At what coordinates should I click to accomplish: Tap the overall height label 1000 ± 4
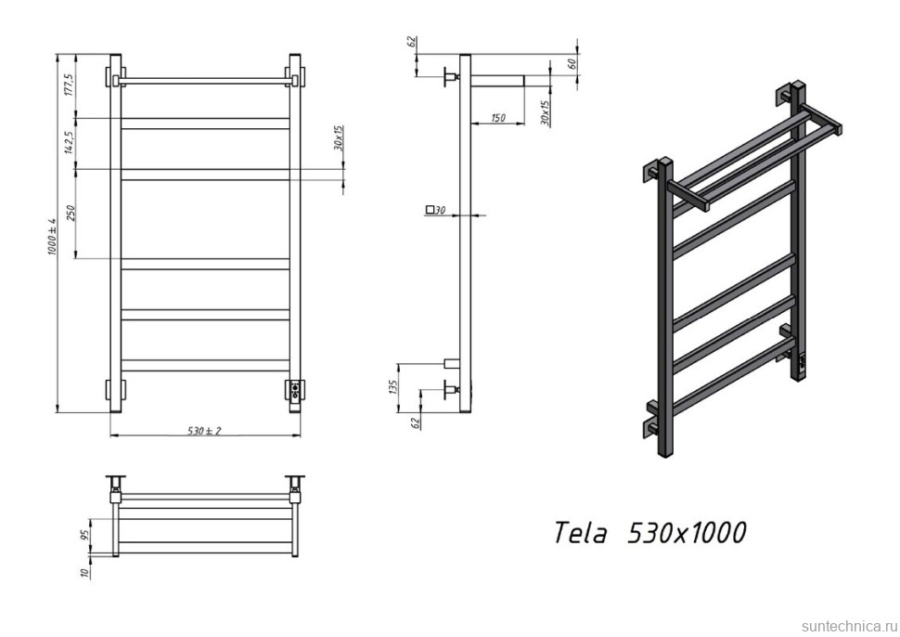pyautogui.click(x=53, y=238)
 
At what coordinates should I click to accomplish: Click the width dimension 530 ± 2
pyautogui.click(x=204, y=431)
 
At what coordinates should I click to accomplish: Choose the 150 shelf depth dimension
pyautogui.click(x=498, y=118)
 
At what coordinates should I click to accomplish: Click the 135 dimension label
pyautogui.click(x=393, y=385)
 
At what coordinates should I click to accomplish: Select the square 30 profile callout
pyautogui.click(x=436, y=210)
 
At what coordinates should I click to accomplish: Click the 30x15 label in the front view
pyautogui.click(x=339, y=139)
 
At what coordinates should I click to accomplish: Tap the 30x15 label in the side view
pyautogui.click(x=546, y=112)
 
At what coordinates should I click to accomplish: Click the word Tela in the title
pyautogui.click(x=582, y=533)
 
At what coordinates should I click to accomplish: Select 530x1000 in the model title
pyautogui.click(x=688, y=533)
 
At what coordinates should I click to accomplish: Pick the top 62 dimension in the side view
pyautogui.click(x=409, y=43)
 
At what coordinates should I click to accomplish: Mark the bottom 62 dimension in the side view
pyautogui.click(x=416, y=420)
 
